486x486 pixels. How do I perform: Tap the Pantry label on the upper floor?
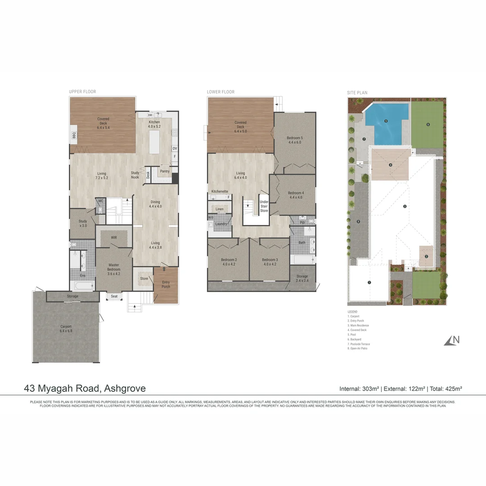coord(165,171)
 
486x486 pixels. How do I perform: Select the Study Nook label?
coord(135,175)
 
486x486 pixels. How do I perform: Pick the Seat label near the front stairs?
coord(114,296)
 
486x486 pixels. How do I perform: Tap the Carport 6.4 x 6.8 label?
coord(66,329)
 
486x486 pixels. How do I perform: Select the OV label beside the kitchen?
coord(175,148)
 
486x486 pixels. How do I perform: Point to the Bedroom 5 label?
coord(295,140)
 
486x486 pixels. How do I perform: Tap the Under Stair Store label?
coord(264,206)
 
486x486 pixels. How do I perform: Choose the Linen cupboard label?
coord(220,209)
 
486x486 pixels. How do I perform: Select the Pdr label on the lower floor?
coord(302,222)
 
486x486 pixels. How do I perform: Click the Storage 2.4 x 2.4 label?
coord(302,279)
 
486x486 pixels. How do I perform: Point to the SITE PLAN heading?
coord(357,93)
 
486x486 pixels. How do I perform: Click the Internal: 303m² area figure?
coord(359,388)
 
